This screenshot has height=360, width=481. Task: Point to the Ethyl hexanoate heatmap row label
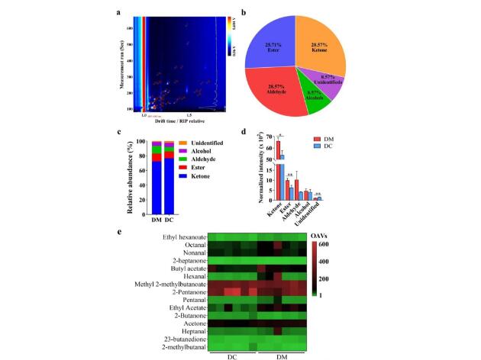(182, 238)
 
